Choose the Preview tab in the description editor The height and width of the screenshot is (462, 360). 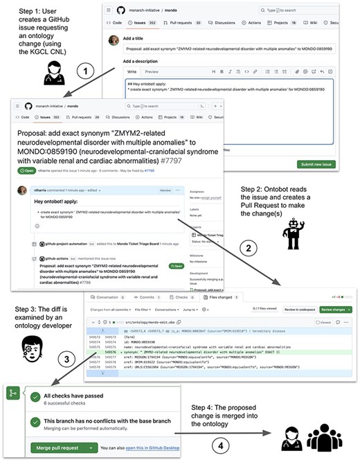[151, 72]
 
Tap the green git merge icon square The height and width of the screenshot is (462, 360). [12, 394]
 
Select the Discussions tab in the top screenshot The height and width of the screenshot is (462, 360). [217, 23]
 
